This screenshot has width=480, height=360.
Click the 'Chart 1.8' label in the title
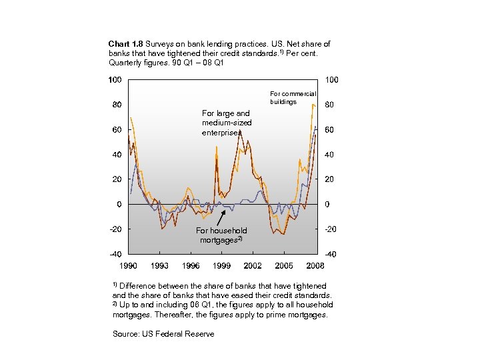[125, 44]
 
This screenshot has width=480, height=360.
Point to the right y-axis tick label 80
[329, 105]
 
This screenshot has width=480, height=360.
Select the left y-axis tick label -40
[115, 254]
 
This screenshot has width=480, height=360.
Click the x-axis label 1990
[128, 266]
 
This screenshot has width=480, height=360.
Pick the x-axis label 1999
[221, 266]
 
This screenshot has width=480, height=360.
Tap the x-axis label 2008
[315, 266]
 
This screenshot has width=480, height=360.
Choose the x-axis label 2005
[284, 266]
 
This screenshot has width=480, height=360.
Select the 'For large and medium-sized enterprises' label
[225, 123]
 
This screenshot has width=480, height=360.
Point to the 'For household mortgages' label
[221, 235]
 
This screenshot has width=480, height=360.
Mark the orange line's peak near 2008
[313, 104]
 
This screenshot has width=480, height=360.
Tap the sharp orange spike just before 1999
[216, 146]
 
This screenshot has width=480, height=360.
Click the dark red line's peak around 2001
[239, 132]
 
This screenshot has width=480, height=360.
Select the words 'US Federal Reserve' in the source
[178, 334]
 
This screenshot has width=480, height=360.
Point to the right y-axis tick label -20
[330, 229]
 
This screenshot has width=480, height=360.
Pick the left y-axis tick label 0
[119, 204]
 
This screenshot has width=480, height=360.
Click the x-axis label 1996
[190, 266]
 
